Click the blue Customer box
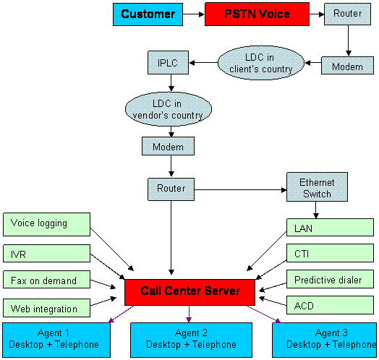(x=148, y=14)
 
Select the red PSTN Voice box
(x=257, y=14)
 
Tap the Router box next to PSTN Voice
(x=347, y=14)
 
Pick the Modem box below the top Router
(x=347, y=66)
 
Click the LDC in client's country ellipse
(x=261, y=63)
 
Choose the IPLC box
(x=168, y=62)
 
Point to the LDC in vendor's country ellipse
(x=169, y=109)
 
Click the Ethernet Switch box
(x=317, y=187)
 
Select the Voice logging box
(x=46, y=224)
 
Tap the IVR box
(x=46, y=254)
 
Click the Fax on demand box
(x=46, y=280)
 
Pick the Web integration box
(x=46, y=308)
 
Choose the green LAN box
(x=330, y=228)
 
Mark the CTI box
(x=330, y=253)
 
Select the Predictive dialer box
(x=330, y=279)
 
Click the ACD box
(x=330, y=305)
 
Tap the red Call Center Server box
(x=189, y=292)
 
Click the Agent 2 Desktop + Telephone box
(x=191, y=340)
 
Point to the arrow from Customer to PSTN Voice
(x=194, y=14)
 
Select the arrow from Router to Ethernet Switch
(x=241, y=190)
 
